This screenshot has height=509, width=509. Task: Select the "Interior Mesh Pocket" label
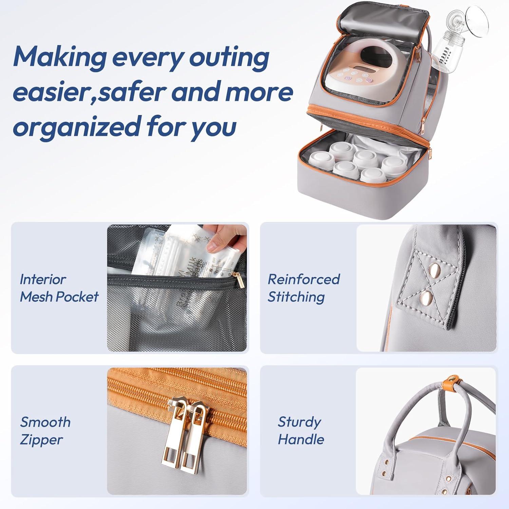[59, 288]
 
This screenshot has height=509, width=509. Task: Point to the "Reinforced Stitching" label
[304, 288]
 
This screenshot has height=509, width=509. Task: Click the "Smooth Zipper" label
[45, 431]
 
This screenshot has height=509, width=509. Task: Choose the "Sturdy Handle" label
[301, 431]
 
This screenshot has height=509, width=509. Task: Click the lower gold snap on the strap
[426, 298]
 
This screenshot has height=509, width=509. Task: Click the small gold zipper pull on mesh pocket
[240, 280]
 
